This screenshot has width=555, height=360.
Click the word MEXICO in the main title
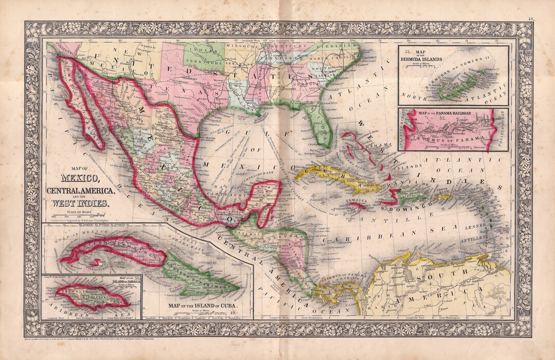(81, 179)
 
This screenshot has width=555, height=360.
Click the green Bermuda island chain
(460, 87)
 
